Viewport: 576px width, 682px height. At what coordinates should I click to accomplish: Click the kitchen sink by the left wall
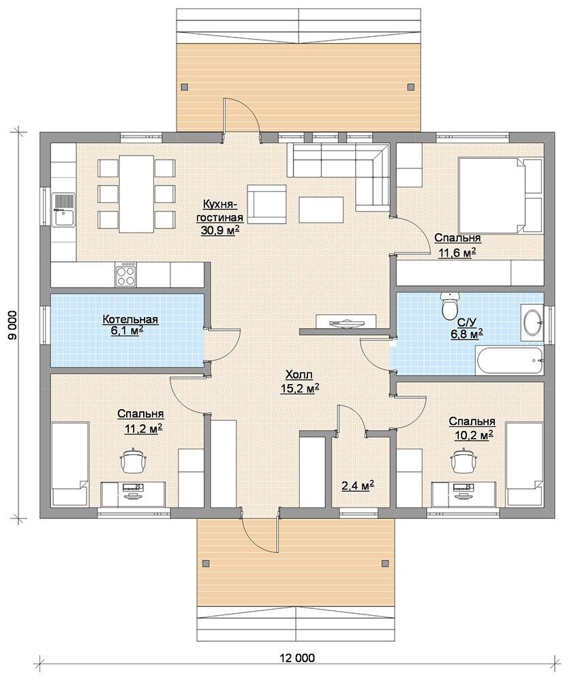point(63,209)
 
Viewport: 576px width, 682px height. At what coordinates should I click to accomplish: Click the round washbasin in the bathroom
point(532,323)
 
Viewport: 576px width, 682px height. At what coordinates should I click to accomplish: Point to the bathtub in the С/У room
point(509,360)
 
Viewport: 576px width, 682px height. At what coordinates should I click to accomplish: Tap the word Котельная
point(130,320)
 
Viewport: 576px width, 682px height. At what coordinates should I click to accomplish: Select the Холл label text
point(299,374)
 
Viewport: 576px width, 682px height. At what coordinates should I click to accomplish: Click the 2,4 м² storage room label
point(358,486)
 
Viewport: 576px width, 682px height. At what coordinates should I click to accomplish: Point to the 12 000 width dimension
point(300,657)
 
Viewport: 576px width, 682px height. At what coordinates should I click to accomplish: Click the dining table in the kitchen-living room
point(136,194)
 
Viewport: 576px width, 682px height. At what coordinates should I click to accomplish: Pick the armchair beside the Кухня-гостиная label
point(267,203)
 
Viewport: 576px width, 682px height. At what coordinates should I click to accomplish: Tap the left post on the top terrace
point(185,86)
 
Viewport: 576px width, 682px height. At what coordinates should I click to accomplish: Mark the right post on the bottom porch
point(384,563)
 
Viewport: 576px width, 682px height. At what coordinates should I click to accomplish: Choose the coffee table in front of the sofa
point(321,209)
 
